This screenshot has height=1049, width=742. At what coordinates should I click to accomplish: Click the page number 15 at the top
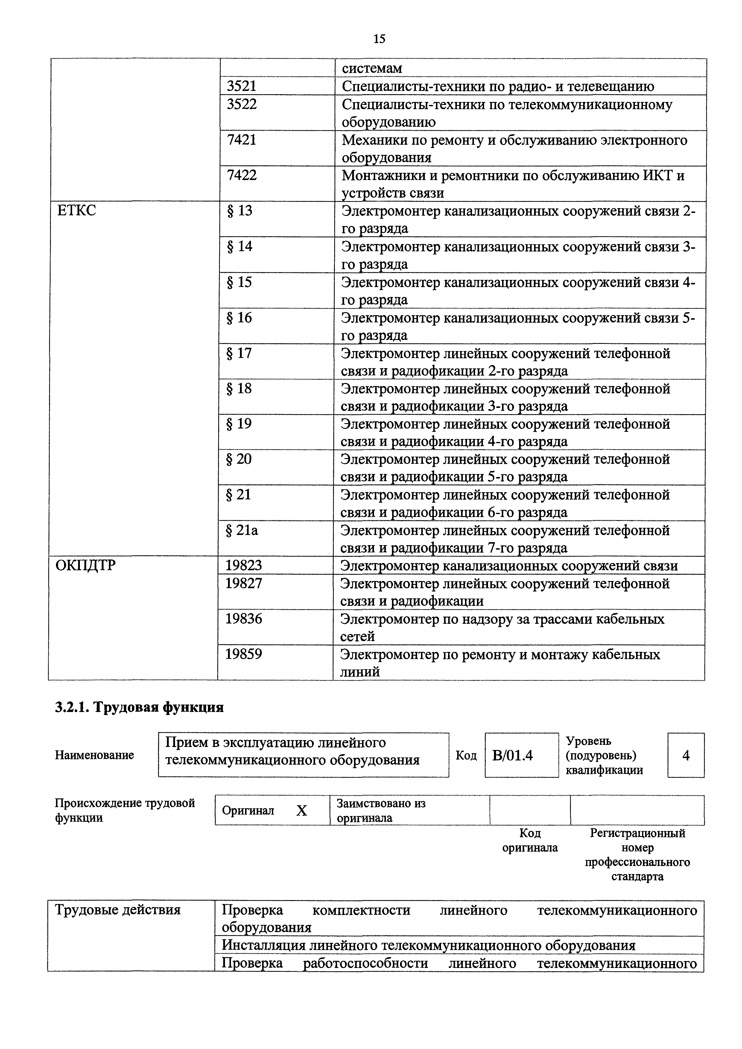(x=379, y=39)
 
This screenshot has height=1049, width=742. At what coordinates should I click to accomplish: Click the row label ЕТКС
(x=77, y=211)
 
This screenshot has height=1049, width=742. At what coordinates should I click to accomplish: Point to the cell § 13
(x=240, y=211)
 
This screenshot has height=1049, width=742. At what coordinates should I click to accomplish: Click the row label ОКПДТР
(x=86, y=566)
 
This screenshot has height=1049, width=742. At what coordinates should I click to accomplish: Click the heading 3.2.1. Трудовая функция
(x=139, y=707)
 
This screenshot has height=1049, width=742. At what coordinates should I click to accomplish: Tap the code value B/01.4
(x=513, y=756)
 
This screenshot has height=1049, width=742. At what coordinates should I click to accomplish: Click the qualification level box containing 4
(x=685, y=756)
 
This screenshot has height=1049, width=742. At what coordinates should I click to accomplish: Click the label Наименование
(x=94, y=755)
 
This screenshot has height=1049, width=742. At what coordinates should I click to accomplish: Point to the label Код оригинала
(x=530, y=841)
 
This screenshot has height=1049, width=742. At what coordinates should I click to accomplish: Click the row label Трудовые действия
(x=118, y=911)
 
